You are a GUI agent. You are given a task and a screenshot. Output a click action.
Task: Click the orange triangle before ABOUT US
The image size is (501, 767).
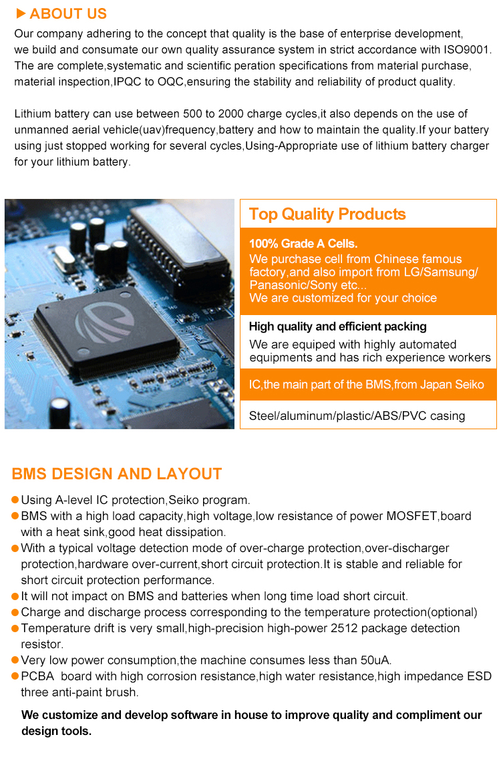click(x=21, y=13)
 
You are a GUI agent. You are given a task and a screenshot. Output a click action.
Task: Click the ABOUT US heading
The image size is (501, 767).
click(x=68, y=14)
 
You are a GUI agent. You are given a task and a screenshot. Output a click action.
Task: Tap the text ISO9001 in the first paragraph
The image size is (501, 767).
click(x=468, y=50)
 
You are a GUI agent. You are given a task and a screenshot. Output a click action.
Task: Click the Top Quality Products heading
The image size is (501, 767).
click(x=327, y=214)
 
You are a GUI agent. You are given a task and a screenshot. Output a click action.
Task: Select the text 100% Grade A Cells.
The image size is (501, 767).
click(x=303, y=244)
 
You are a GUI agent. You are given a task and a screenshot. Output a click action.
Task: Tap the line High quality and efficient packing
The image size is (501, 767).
click(x=337, y=326)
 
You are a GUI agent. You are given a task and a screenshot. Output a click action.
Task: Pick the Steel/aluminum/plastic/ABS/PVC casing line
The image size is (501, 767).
click(x=357, y=416)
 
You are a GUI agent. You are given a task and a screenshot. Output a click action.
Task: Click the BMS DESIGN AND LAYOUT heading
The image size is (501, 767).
click(x=117, y=474)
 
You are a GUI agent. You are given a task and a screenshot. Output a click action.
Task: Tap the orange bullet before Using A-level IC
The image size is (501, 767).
click(x=15, y=500)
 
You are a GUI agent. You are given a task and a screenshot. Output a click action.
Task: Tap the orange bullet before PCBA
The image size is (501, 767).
click(x=15, y=676)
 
